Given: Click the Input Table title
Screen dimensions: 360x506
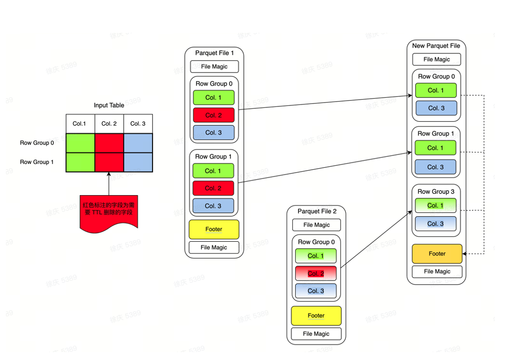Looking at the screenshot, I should tap(109, 105).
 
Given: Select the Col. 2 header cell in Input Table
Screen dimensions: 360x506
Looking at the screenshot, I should tap(109, 124).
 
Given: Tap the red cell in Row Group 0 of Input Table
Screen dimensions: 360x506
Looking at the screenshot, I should tap(109, 143).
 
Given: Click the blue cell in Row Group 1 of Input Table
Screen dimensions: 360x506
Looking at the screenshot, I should tap(138, 162).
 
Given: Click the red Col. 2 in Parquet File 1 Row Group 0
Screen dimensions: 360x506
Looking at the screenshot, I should tap(214, 115).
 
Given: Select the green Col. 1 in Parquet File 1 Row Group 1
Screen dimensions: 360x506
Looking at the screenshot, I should tap(213, 171).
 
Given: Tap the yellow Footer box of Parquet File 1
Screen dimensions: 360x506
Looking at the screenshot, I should tap(214, 229).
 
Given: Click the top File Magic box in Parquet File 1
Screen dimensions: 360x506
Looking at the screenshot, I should tap(214, 66).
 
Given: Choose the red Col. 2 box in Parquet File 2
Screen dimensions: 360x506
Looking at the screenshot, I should tap(316, 273).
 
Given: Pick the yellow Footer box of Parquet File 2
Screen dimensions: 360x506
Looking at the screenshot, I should tap(316, 315).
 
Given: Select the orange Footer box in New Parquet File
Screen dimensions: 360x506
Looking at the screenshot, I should tap(437, 254).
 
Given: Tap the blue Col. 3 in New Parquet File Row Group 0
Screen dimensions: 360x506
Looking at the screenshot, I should tap(436, 108).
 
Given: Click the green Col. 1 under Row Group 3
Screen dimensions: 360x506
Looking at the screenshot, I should tap(435, 206).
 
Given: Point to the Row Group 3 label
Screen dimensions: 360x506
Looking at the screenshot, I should tap(436, 191).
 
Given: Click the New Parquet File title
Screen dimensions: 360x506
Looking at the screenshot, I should tap(436, 46).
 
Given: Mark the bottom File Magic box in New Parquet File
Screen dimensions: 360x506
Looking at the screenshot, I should tap(436, 271).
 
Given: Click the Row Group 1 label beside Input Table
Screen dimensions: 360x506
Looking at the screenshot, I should tap(37, 162).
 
